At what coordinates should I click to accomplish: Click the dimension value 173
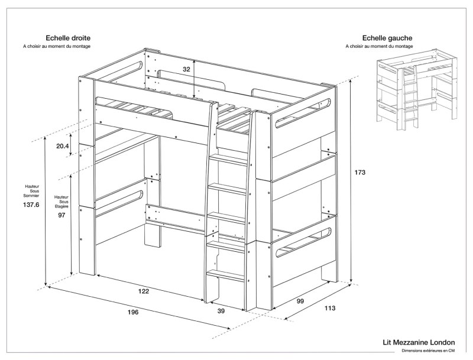point(360,173)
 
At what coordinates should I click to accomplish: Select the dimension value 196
point(132,312)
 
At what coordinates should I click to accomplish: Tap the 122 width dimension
point(143,291)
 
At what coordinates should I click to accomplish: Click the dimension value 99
point(300,301)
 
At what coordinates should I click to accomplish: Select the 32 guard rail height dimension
point(186,69)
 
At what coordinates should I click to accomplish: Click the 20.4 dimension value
point(62,146)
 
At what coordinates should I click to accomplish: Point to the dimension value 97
point(61,216)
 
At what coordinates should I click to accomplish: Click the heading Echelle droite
point(68,37)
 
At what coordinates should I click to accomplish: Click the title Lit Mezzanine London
point(419,342)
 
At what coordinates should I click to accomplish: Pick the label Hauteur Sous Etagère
point(61,202)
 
